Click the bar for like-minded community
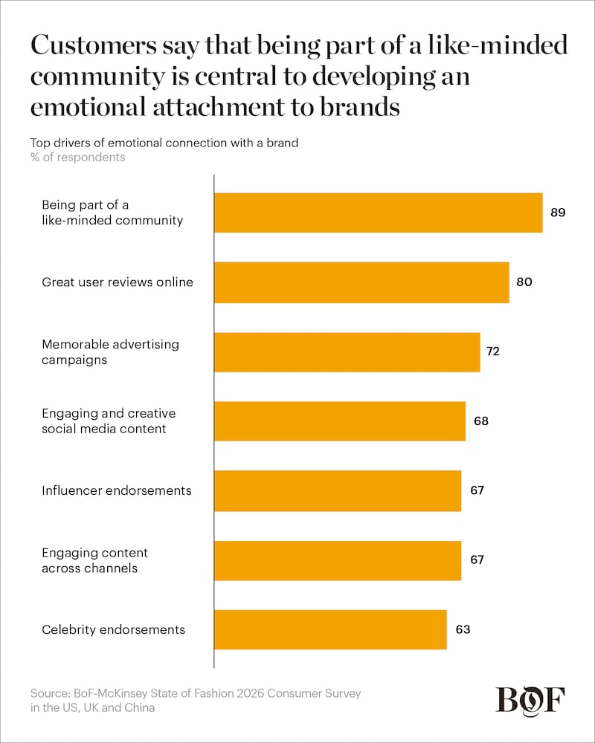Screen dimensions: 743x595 378,213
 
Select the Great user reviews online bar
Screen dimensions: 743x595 361,282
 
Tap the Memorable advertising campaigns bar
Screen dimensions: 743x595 347,352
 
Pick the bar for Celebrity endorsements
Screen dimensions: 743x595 330,630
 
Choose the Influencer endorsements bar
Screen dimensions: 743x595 338,491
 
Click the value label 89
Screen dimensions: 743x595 559,212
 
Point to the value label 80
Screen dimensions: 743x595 524,282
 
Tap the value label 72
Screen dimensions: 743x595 492,352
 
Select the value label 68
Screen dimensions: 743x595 480,421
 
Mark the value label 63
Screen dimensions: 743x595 463,630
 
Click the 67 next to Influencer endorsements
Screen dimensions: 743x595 477,491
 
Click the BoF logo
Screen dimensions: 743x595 530,699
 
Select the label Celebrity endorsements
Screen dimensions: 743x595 113,630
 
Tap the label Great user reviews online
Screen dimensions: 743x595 117,282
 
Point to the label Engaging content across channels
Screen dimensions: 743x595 94,561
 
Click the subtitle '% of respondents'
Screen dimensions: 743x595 77,158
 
